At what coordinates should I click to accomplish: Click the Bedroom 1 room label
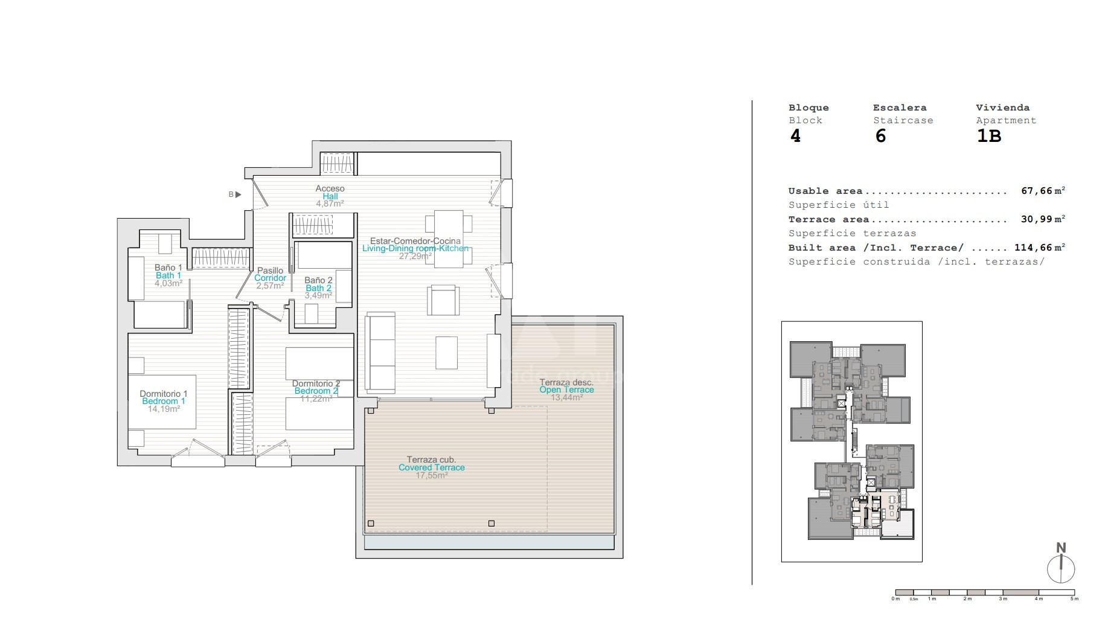point(164,402)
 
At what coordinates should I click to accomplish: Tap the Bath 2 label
point(318,288)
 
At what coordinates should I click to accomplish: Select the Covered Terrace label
point(432,467)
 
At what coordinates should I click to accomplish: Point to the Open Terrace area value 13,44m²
point(566,397)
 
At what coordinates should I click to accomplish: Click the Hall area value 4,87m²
point(330,204)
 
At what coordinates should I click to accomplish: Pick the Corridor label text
point(270,278)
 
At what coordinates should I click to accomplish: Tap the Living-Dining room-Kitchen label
point(415,248)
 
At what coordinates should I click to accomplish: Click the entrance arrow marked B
point(238,194)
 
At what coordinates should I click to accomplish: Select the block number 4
point(795,136)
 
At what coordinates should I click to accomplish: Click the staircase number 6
point(880,136)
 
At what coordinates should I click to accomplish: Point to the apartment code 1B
point(989,136)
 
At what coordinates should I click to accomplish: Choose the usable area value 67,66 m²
point(1043,191)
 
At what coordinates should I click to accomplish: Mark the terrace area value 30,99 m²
point(1043,219)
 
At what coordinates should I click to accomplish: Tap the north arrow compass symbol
point(1061,564)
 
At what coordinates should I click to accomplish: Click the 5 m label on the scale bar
point(1074,599)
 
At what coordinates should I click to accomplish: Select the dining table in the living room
point(449,239)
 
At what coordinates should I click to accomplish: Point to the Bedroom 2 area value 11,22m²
point(316,399)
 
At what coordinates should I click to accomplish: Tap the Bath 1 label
point(168,275)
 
